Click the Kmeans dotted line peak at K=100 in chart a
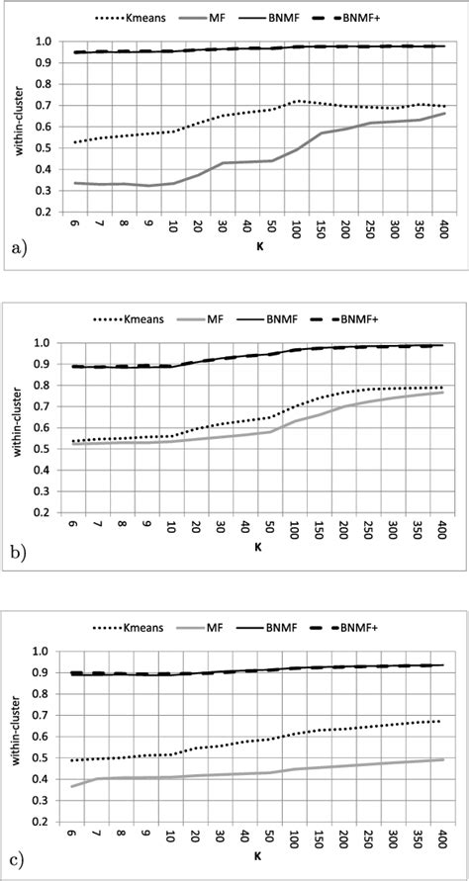[x=293, y=101]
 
